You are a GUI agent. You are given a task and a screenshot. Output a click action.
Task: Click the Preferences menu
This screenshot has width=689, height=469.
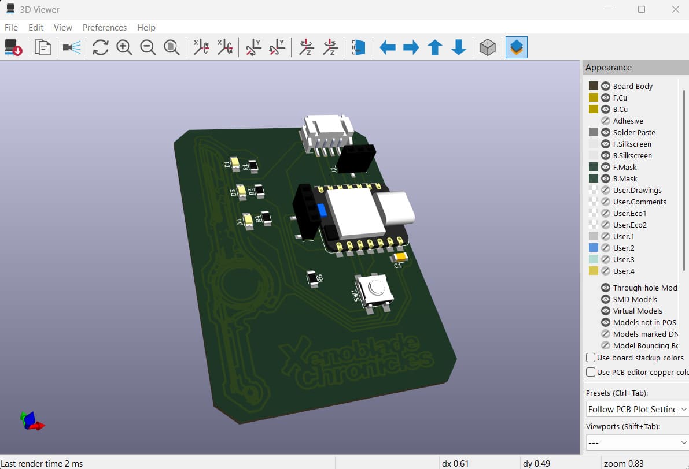point(104,27)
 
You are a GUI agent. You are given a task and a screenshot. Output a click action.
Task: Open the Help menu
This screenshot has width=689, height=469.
point(146,27)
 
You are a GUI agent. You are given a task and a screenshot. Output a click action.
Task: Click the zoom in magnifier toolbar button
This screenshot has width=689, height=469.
point(124,47)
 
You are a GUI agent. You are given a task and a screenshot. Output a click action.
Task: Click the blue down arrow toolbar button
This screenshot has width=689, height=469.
point(459,47)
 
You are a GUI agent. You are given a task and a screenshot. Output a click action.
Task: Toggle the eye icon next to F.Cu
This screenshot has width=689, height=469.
point(606,98)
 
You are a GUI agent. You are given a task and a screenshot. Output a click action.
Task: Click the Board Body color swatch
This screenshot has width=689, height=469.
point(593,86)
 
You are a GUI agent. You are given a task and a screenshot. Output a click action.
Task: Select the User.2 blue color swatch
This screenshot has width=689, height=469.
point(593,248)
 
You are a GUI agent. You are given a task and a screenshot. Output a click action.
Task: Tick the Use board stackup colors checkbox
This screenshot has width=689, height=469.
point(591,358)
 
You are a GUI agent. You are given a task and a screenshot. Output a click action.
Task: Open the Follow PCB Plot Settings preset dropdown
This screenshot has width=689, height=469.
point(636,409)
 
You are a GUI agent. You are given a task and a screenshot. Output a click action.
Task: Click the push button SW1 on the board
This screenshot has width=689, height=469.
point(375,289)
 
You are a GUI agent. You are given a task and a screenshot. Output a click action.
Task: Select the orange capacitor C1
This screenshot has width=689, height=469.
point(400,257)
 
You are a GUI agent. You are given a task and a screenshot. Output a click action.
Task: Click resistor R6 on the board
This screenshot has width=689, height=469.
point(313,279)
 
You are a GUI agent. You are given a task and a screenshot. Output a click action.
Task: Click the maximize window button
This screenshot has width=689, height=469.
point(642,9)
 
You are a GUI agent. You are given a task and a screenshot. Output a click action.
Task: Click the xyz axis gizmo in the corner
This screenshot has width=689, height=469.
point(31,420)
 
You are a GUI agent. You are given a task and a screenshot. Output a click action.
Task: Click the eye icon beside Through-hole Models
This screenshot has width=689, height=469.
point(606,288)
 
